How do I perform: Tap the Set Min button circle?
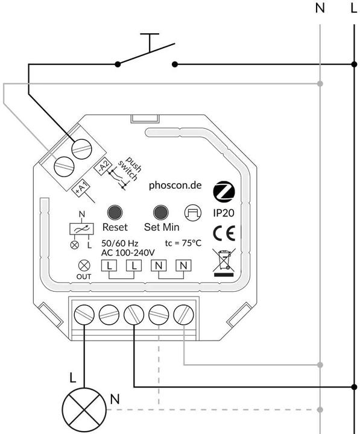160,212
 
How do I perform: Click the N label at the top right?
320,8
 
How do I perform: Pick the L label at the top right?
353,8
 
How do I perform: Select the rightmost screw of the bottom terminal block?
182,313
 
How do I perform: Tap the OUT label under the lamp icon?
84,277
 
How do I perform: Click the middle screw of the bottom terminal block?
133,313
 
